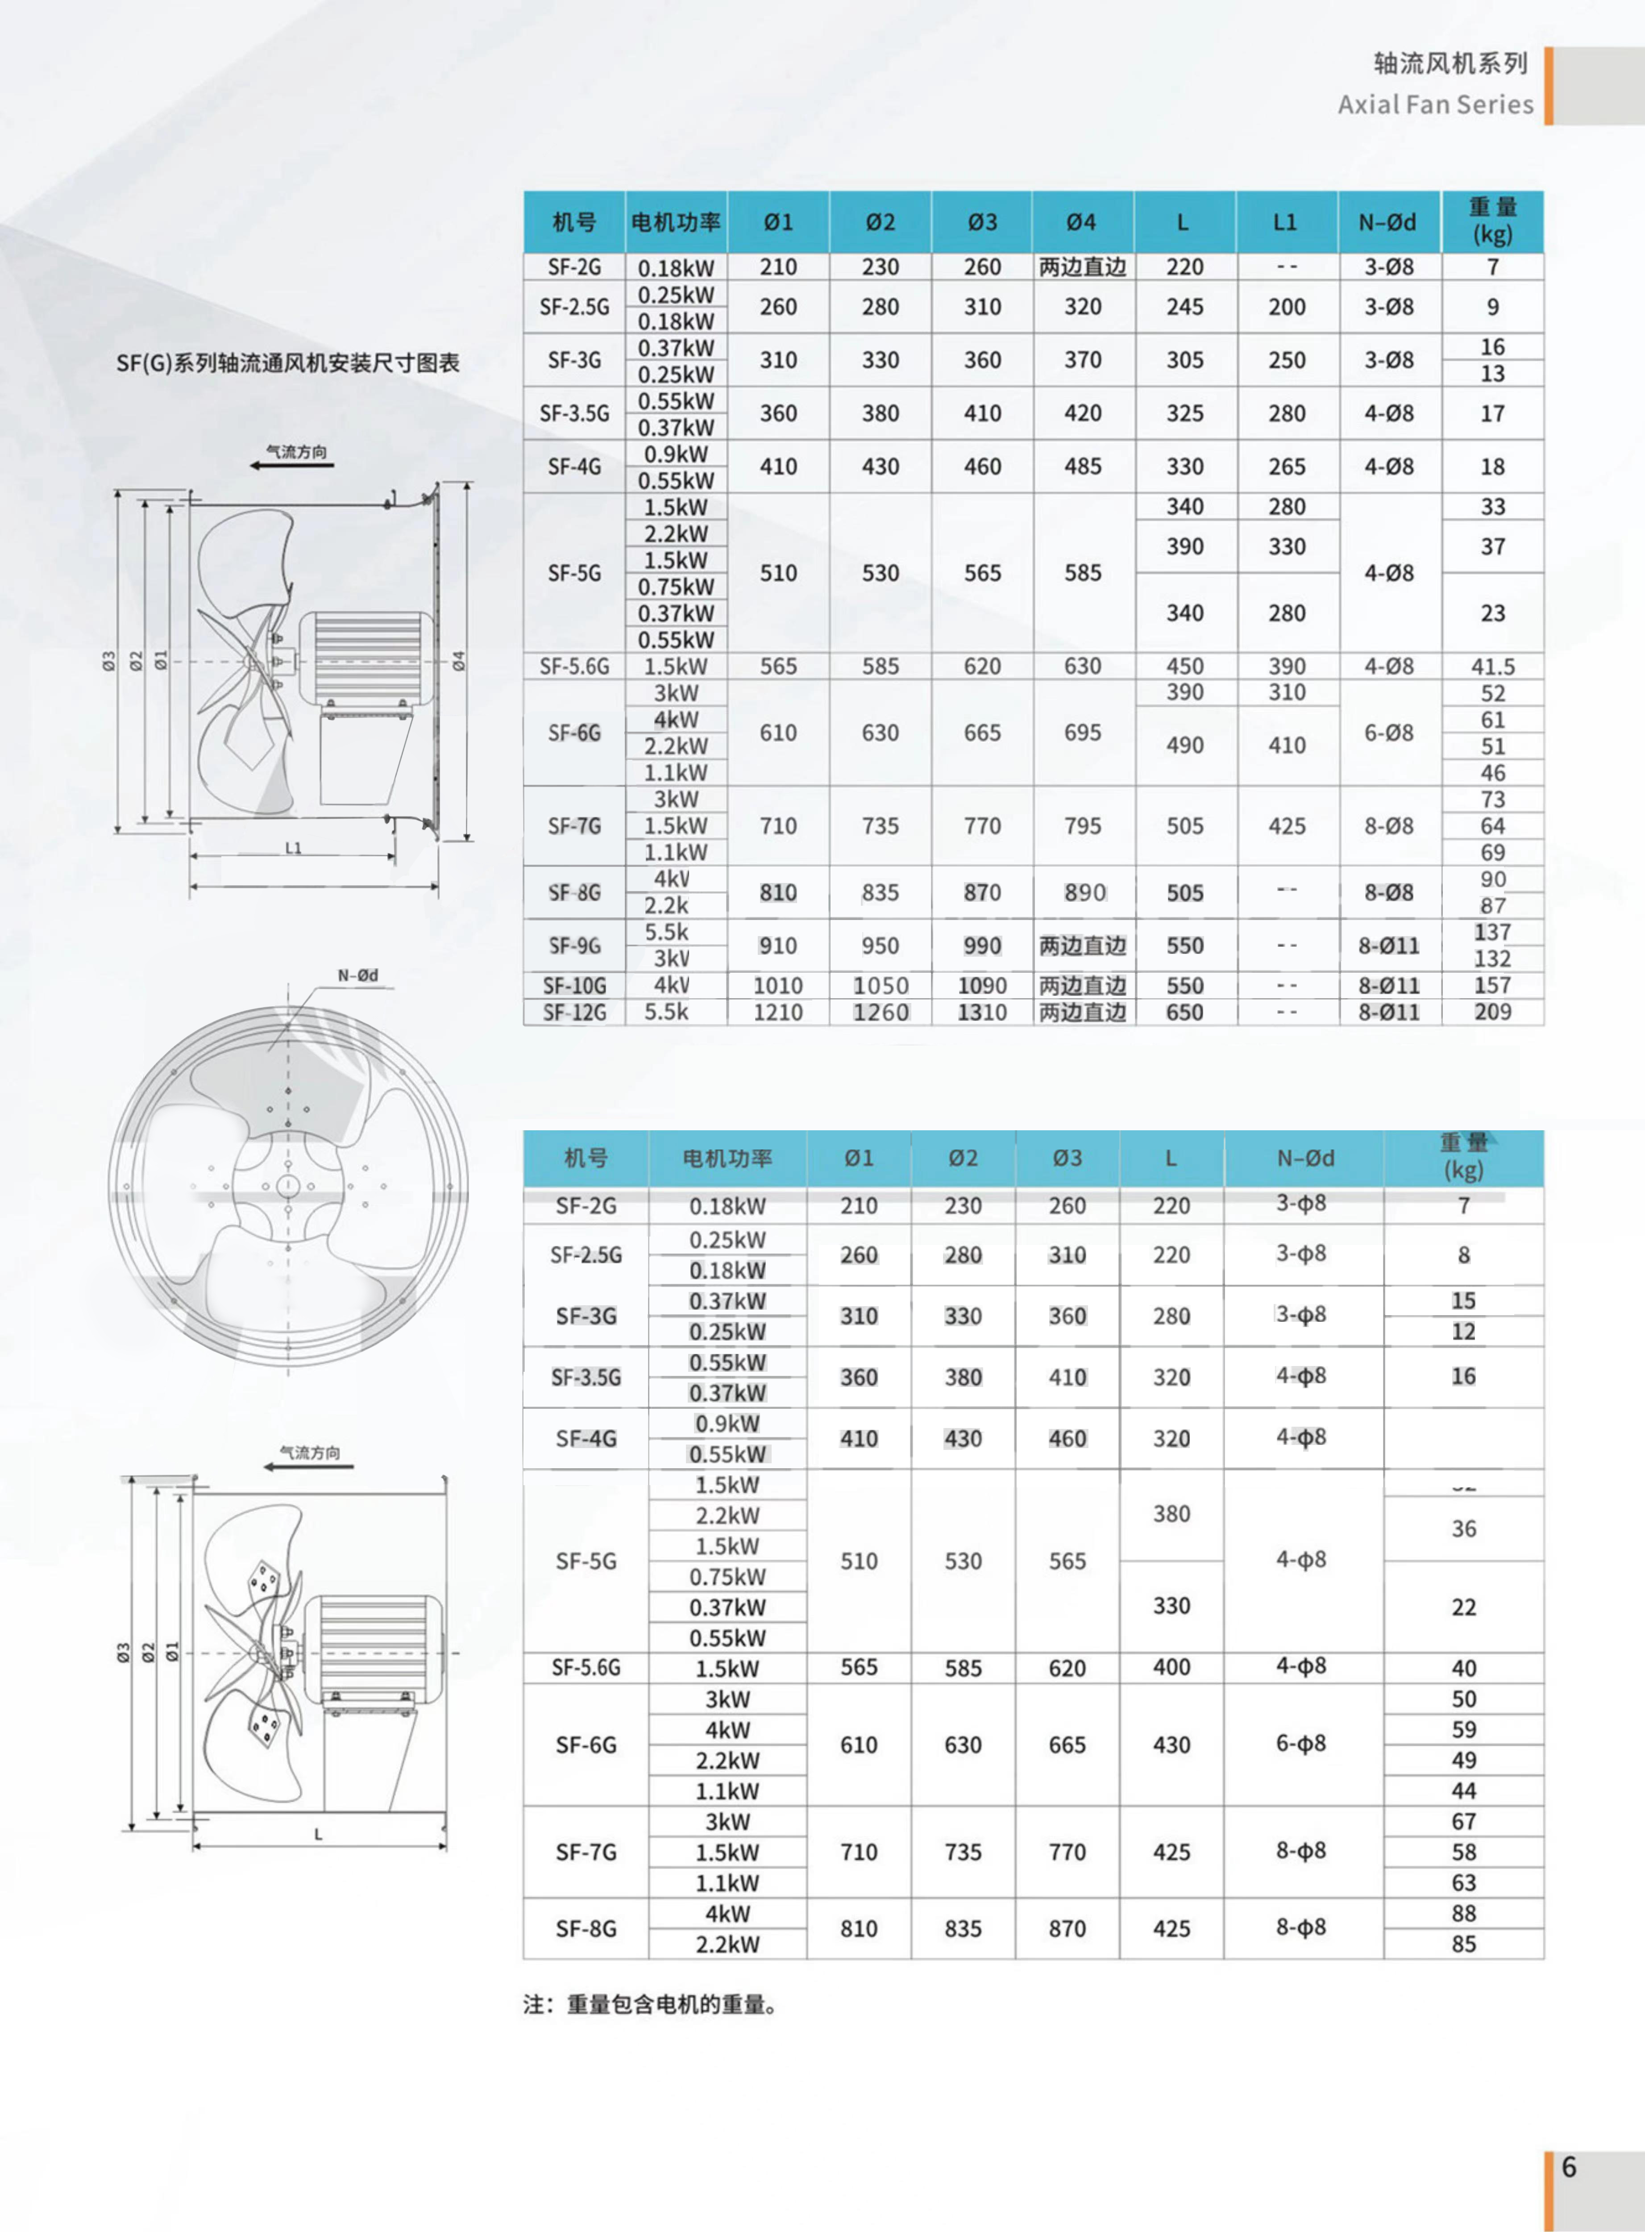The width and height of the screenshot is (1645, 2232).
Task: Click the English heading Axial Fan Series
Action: [1435, 104]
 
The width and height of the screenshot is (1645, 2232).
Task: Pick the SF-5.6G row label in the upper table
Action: [574, 666]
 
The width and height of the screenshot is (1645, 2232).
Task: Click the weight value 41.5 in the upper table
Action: [1493, 666]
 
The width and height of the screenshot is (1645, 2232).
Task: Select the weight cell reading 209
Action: [1493, 1012]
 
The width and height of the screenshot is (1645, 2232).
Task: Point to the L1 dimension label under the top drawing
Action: [293, 849]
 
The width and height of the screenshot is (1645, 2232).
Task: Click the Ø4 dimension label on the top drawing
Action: [459, 660]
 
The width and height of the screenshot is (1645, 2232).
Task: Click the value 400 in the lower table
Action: [1171, 1667]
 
